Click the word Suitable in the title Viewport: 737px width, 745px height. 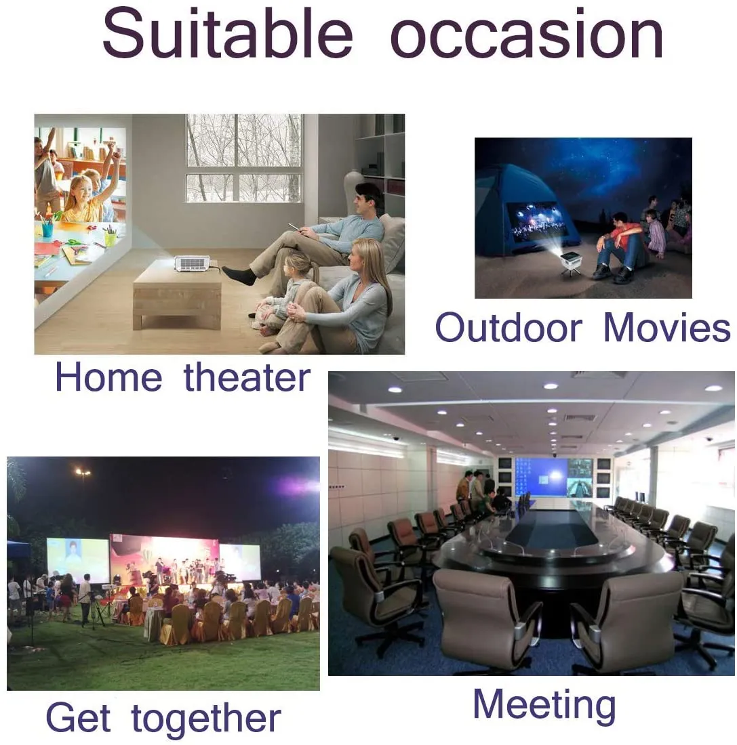click(x=227, y=33)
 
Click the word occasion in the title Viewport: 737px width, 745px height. click(x=527, y=37)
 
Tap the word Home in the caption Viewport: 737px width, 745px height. click(x=109, y=377)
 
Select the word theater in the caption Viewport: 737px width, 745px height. click(x=247, y=377)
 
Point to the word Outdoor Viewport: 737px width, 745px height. click(x=509, y=327)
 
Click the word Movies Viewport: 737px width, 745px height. click(x=667, y=327)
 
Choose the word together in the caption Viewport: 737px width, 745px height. click(x=205, y=719)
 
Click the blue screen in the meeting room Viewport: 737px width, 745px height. click(x=541, y=477)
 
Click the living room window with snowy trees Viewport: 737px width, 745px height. click(x=244, y=158)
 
